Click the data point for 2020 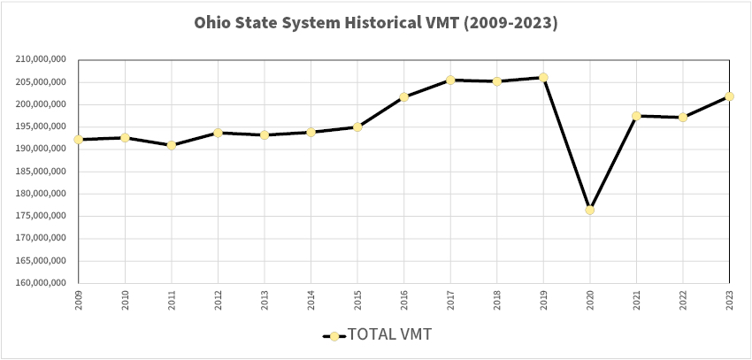point(589,210)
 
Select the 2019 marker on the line point(543,77)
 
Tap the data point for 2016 point(403,96)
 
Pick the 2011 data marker point(172,145)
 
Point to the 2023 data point point(729,96)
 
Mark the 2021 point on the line point(636,116)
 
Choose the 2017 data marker point(450,80)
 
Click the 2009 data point point(79,140)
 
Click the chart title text point(376,24)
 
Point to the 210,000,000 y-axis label point(42,60)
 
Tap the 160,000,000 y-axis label point(42,284)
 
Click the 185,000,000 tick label point(42,172)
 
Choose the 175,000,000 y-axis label point(42,217)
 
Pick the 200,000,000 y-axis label point(42,104)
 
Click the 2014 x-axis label point(311,297)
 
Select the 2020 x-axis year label point(589,297)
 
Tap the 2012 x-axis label point(218,297)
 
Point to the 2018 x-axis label point(496,297)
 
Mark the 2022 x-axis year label point(682,297)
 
